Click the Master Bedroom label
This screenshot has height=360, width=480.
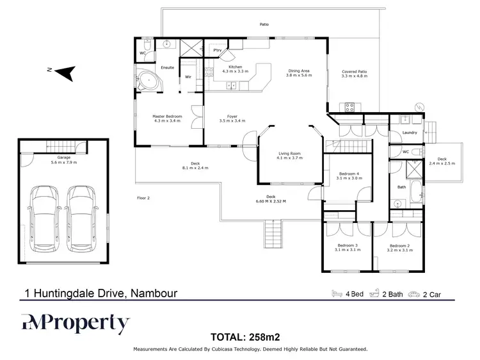(167, 118)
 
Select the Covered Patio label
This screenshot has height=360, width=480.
(354, 74)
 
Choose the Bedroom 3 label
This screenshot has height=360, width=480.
(348, 247)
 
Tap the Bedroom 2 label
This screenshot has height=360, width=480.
(399, 247)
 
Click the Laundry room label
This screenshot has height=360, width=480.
(410, 133)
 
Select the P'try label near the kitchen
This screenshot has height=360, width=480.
(217, 50)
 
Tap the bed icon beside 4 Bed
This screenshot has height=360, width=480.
(337, 294)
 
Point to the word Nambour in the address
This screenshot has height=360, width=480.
(154, 294)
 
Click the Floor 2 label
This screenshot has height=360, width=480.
(143, 197)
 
